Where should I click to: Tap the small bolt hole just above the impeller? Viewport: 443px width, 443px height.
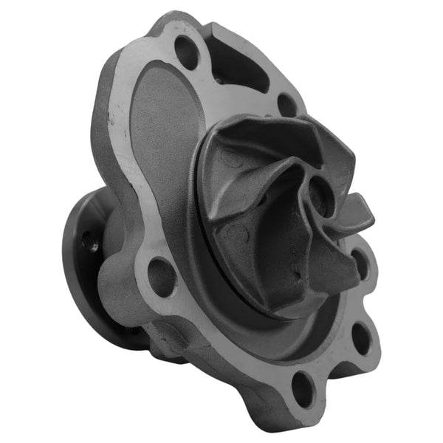286,104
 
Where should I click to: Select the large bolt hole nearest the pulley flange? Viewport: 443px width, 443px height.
162,275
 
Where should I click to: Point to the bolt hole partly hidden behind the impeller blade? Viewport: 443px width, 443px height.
360,261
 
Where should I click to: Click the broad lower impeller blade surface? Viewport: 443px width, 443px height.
273,244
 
